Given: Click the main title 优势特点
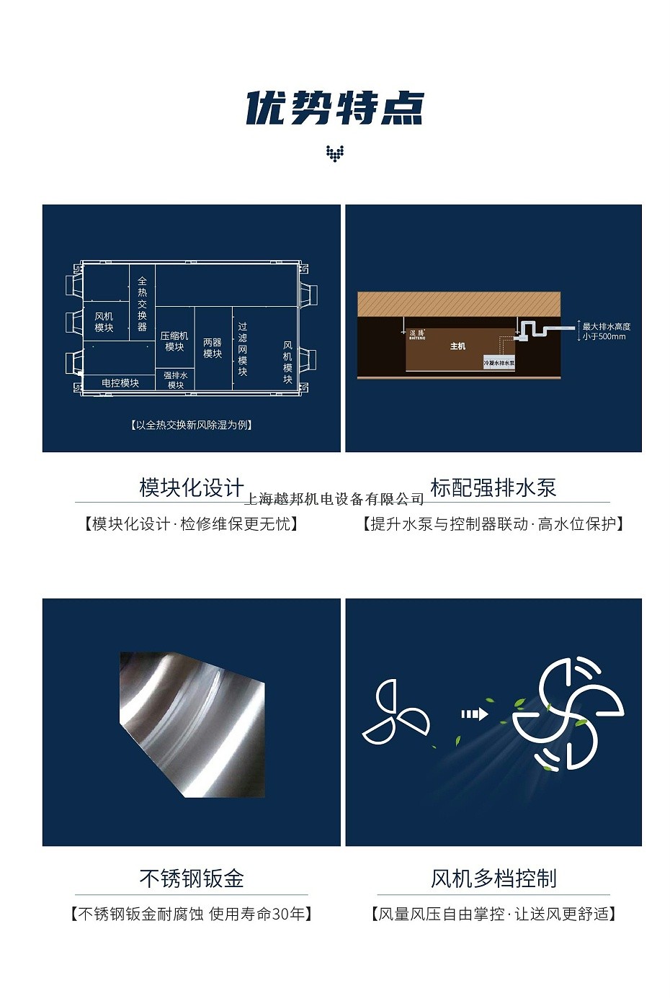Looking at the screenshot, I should tap(335, 109).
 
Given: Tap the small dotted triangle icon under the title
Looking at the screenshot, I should tap(335, 153).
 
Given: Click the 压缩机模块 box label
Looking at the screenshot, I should tap(174, 341).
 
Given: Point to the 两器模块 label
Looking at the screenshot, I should tap(213, 348).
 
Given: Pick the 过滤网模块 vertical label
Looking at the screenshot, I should tap(243, 349).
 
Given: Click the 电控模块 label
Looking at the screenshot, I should tap(120, 383).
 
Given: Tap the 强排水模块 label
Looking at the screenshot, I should tap(176, 380).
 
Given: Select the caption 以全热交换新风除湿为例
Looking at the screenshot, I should tap(192, 425).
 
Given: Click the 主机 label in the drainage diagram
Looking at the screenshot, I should tap(457, 346).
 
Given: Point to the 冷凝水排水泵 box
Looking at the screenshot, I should tap(499, 363).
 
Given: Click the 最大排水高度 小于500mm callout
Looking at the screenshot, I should tap(606, 331).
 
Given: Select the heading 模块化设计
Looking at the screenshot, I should tap(192, 487).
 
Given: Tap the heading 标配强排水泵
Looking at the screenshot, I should tap(493, 487).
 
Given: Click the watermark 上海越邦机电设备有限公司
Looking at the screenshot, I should tap(335, 499).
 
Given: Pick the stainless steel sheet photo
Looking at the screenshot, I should tap(192, 724).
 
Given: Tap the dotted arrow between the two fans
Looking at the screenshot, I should tap(474, 714).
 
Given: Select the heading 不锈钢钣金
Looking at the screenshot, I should tap(192, 878).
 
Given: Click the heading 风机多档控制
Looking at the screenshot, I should tap(493, 878).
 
